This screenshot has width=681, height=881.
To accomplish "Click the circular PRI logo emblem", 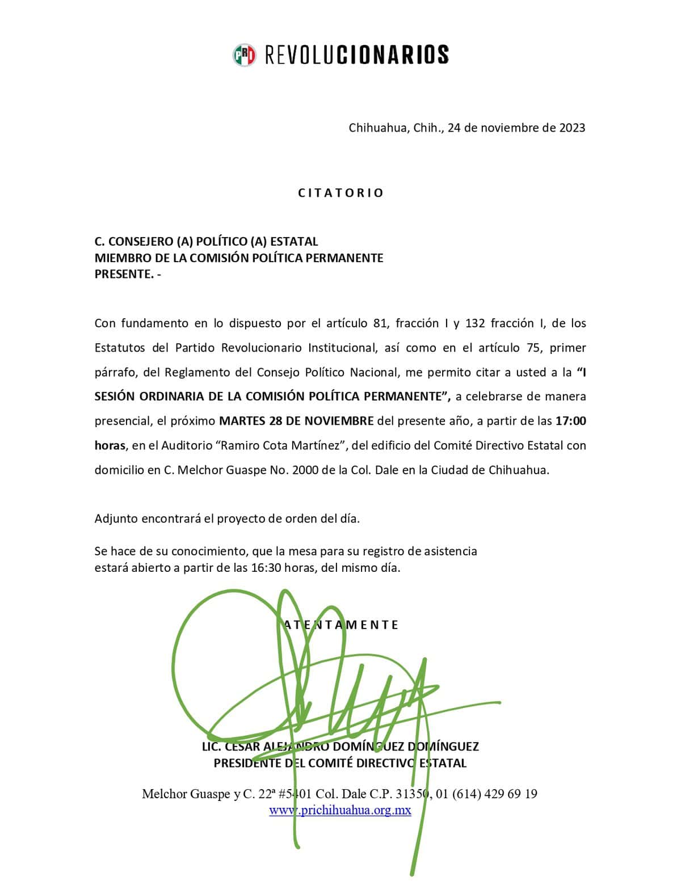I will pyautogui.click(x=245, y=54).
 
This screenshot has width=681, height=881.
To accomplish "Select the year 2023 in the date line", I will pyautogui.click(x=572, y=128).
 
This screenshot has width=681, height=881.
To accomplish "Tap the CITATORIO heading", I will pyautogui.click(x=341, y=193).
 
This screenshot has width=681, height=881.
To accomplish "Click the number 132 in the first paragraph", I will pyautogui.click(x=474, y=323).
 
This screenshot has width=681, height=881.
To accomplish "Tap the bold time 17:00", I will pyautogui.click(x=570, y=421).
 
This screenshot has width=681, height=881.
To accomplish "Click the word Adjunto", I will pyautogui.click(x=116, y=519).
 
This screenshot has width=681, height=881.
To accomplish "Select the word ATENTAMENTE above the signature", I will pyautogui.click(x=341, y=625).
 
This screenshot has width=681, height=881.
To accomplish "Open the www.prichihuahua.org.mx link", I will pyautogui.click(x=340, y=810).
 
